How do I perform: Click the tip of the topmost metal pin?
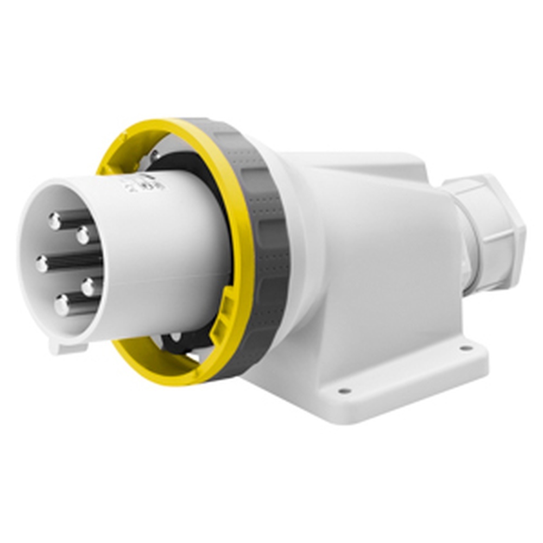click(x=55, y=220)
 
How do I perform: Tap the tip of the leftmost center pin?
click(x=42, y=264)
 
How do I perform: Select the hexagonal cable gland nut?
click(x=491, y=233)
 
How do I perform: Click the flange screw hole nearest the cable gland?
click(x=466, y=348)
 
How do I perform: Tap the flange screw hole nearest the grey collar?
click(x=344, y=390)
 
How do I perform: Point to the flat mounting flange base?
click(x=402, y=380)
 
